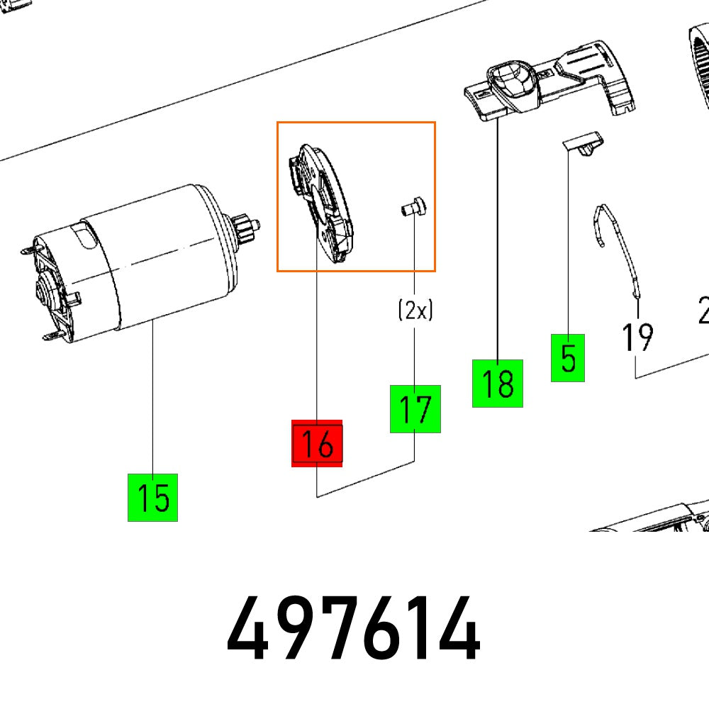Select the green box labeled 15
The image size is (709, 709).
click(152, 498)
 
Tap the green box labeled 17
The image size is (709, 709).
click(415, 409)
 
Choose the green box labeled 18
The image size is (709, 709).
click(498, 384)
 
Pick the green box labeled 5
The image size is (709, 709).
click(568, 358)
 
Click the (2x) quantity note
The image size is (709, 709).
click(415, 310)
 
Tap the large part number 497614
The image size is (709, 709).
click(353, 630)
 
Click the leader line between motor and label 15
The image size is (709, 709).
click(153, 397)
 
